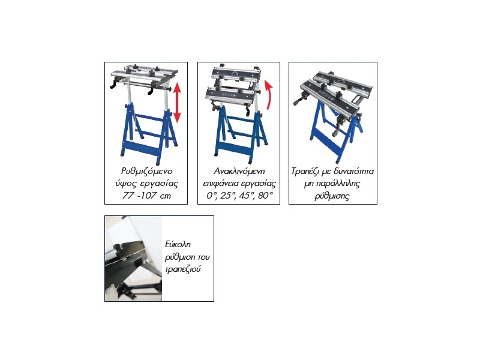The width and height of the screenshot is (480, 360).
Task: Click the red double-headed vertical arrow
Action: coord(177,103)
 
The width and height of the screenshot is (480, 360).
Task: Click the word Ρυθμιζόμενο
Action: coord(147,172)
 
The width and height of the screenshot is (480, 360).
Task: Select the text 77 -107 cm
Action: coord(147,196)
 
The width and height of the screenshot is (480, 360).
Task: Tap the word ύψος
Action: coord(125,184)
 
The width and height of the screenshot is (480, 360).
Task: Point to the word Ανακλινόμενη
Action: coord(239,171)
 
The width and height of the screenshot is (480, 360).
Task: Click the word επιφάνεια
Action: coord(221,184)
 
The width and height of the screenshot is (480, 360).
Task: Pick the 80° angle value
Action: coord(265,196)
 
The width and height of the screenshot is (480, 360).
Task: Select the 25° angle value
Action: coord(227,196)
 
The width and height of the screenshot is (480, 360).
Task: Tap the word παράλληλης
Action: coord(338,184)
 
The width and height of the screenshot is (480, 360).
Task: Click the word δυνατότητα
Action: coord(354,171)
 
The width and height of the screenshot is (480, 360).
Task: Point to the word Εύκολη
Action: coord(178,244)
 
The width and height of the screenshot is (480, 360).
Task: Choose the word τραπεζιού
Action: coord(182,269)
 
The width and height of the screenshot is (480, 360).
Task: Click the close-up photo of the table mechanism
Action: coord(133,259)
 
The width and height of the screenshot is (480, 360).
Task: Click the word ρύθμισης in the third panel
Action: coord(332,196)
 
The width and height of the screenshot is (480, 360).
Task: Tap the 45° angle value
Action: coord(247,196)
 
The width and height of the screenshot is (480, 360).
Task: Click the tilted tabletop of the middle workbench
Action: coord(236,74)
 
